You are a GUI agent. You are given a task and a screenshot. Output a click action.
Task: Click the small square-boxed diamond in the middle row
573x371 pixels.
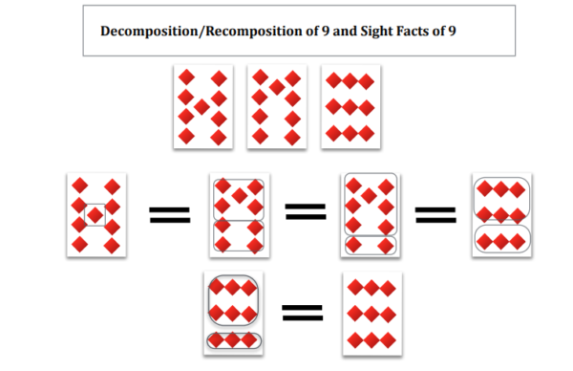pyautogui.click(x=95, y=215)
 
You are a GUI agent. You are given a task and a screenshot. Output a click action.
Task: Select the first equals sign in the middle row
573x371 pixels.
pyautogui.click(x=168, y=216)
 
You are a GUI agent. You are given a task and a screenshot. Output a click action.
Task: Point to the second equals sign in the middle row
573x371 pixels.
pyautogui.click(x=307, y=216)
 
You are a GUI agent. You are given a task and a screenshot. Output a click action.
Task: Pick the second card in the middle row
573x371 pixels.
pyautogui.click(x=239, y=215)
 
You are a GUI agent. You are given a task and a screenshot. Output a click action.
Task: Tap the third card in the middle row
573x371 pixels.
pyautogui.click(x=370, y=215)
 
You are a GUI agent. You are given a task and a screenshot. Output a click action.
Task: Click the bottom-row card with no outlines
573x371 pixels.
pyautogui.click(x=371, y=313)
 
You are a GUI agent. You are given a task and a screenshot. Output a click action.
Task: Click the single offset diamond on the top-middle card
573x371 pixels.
pyautogui.click(x=278, y=88)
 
